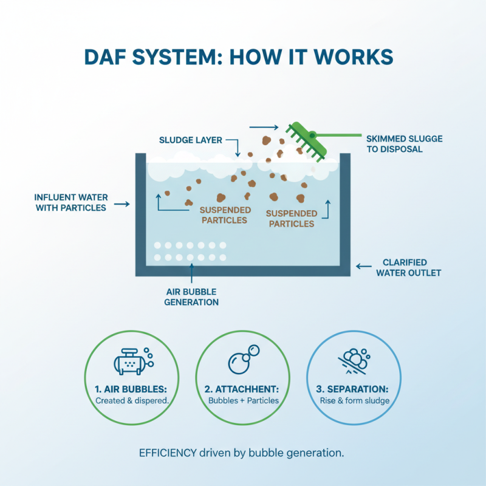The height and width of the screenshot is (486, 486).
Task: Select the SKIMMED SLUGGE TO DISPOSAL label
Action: pyautogui.click(x=404, y=144)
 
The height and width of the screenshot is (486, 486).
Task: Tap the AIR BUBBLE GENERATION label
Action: pyautogui.click(x=191, y=297)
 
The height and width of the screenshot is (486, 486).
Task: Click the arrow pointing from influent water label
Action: pyautogui.click(x=122, y=204)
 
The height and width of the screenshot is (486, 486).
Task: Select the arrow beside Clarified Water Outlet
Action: pyautogui.click(x=363, y=265)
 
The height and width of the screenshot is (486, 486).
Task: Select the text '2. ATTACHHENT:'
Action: pyautogui.click(x=243, y=389)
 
